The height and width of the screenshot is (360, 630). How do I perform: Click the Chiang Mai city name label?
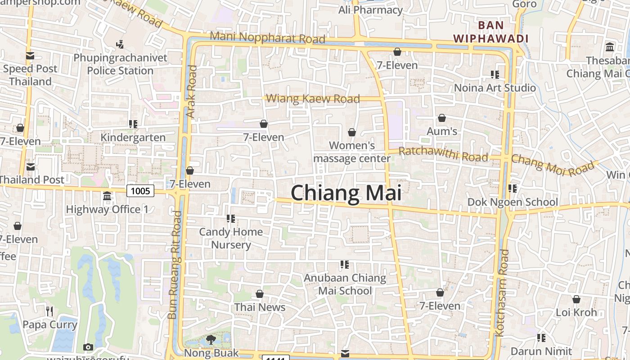pyautogui.click(x=346, y=193)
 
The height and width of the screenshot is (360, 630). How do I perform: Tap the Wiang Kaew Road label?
pyautogui.click(x=313, y=99)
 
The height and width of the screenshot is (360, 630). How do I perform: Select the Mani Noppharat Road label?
pyautogui.click(x=267, y=37)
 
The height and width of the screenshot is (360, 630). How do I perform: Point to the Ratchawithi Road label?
pyautogui.click(x=443, y=154)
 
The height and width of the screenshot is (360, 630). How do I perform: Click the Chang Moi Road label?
pyautogui.click(x=553, y=165)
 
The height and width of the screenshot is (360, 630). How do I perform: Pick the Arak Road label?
pyautogui.click(x=192, y=92)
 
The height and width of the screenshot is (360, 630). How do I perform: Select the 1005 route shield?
pyautogui.click(x=140, y=191)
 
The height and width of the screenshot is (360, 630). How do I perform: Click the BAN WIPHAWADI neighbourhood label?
pyautogui.click(x=490, y=32)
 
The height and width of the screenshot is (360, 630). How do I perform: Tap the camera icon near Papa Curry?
pyautogui.click(x=88, y=347)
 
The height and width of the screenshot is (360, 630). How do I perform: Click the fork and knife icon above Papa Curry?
pyautogui.click(x=49, y=311)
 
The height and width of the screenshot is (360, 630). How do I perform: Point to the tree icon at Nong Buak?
pyautogui.click(x=211, y=339)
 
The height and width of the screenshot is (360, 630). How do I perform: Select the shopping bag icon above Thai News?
pyautogui.click(x=260, y=294)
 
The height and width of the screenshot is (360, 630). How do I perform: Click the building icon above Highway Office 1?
pyautogui.click(x=107, y=196)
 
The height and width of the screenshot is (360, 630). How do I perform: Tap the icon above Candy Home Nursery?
pyautogui.click(x=231, y=219)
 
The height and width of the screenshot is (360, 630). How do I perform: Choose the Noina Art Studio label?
pyautogui.click(x=495, y=88)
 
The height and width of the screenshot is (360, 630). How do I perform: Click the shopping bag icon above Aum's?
pyautogui.click(x=442, y=118)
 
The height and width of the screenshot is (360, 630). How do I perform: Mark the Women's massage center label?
pyautogui.click(x=352, y=152)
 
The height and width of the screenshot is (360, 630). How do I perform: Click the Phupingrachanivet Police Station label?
pyautogui.click(x=120, y=64)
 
